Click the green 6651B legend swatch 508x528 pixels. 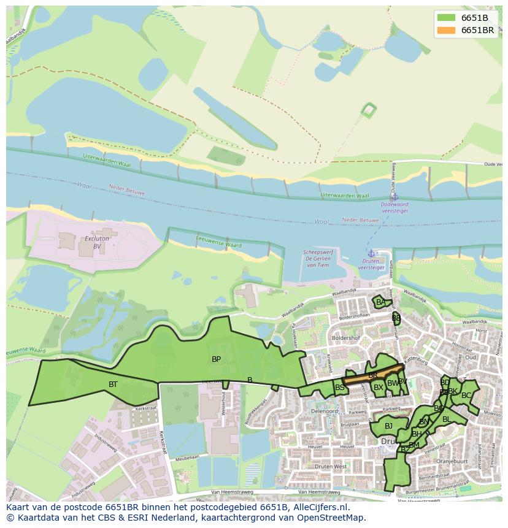pyautogui.click(x=446, y=18)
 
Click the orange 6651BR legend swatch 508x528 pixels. pyautogui.click(x=446, y=30)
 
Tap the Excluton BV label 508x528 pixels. pyautogui.click(x=97, y=242)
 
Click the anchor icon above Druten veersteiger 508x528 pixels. pyautogui.click(x=371, y=253)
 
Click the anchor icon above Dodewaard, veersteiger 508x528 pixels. pyautogui.click(x=395, y=197)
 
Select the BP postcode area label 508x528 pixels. pyautogui.click(x=216, y=359)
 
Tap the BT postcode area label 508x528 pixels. pyautogui.click(x=113, y=385)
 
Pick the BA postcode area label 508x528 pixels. pyautogui.click(x=381, y=302)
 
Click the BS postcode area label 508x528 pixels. pyautogui.click(x=339, y=388)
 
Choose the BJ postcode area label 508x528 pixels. pyautogui.click(x=388, y=426)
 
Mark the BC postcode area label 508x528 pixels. pyautogui.click(x=466, y=396)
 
